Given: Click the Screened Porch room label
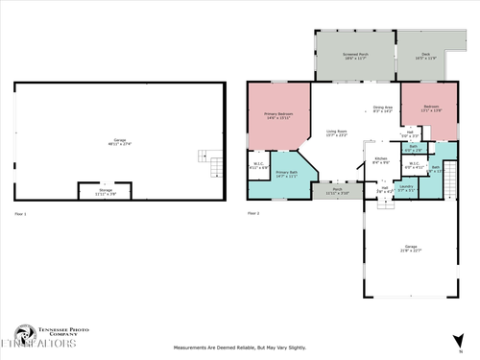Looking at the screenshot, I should click(357, 57).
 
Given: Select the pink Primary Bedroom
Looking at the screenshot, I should click(278, 117).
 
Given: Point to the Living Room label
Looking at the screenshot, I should click(337, 132).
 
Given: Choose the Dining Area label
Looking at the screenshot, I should click(382, 108).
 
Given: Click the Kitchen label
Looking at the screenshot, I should click(380, 160).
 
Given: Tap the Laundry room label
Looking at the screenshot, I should click(406, 188).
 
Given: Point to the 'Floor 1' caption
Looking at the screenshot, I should click(20, 212).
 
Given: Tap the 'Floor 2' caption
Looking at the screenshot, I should click(253, 212).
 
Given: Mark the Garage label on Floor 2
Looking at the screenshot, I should click(411, 248).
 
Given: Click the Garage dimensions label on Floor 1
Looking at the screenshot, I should click(120, 145).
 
